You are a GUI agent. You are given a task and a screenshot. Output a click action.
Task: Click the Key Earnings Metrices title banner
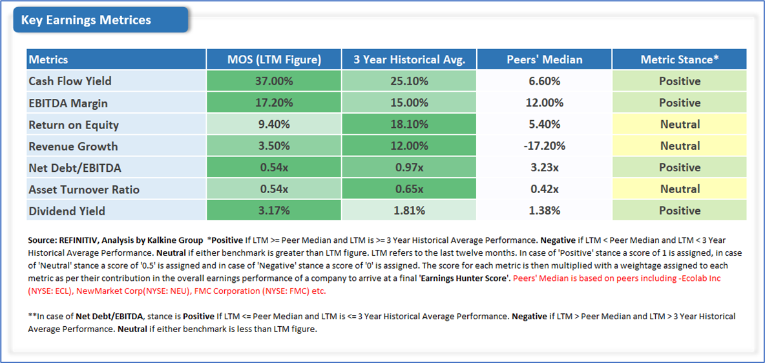(100, 20)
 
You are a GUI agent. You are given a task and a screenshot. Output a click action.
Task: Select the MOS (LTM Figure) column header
(274, 59)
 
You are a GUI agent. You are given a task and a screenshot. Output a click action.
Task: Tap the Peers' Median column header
(544, 59)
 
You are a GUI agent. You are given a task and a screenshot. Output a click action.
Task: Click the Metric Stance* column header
(679, 59)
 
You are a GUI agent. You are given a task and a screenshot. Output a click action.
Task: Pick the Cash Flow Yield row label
(70, 81)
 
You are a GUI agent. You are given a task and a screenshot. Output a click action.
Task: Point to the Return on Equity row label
(74, 124)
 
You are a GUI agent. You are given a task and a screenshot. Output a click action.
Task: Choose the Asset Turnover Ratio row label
(84, 189)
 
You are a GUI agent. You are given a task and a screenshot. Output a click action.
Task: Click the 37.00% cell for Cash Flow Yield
(274, 81)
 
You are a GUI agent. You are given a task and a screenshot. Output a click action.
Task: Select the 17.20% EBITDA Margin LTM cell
(274, 103)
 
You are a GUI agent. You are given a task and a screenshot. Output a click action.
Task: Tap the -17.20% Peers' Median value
(544, 146)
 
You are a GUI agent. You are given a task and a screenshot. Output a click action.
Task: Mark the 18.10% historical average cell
(409, 124)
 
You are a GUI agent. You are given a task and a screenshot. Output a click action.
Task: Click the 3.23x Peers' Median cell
(544, 167)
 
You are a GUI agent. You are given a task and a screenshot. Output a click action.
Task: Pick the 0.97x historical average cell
(409, 167)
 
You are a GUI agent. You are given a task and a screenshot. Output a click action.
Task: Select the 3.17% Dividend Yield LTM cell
(274, 211)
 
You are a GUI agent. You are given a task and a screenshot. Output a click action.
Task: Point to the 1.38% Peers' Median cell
(544, 211)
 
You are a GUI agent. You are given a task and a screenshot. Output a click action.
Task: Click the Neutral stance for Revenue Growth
(679, 146)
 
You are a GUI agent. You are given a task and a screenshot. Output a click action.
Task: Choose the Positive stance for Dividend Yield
(679, 211)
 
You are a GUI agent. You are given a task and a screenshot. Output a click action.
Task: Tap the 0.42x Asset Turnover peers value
(544, 189)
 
